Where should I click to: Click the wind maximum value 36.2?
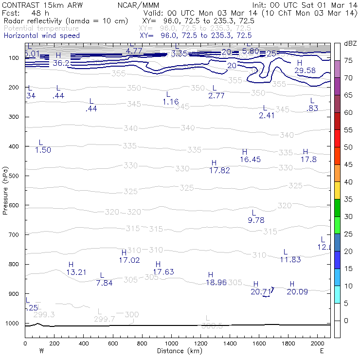point(61,63)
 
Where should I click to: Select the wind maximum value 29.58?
point(305,71)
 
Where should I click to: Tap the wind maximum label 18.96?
point(216,282)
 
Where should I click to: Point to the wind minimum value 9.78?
point(256,220)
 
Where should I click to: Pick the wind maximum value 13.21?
point(76,272)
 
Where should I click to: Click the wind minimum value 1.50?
point(43,150)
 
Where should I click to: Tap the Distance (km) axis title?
point(178,351)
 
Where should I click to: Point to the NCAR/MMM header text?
point(138,5)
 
